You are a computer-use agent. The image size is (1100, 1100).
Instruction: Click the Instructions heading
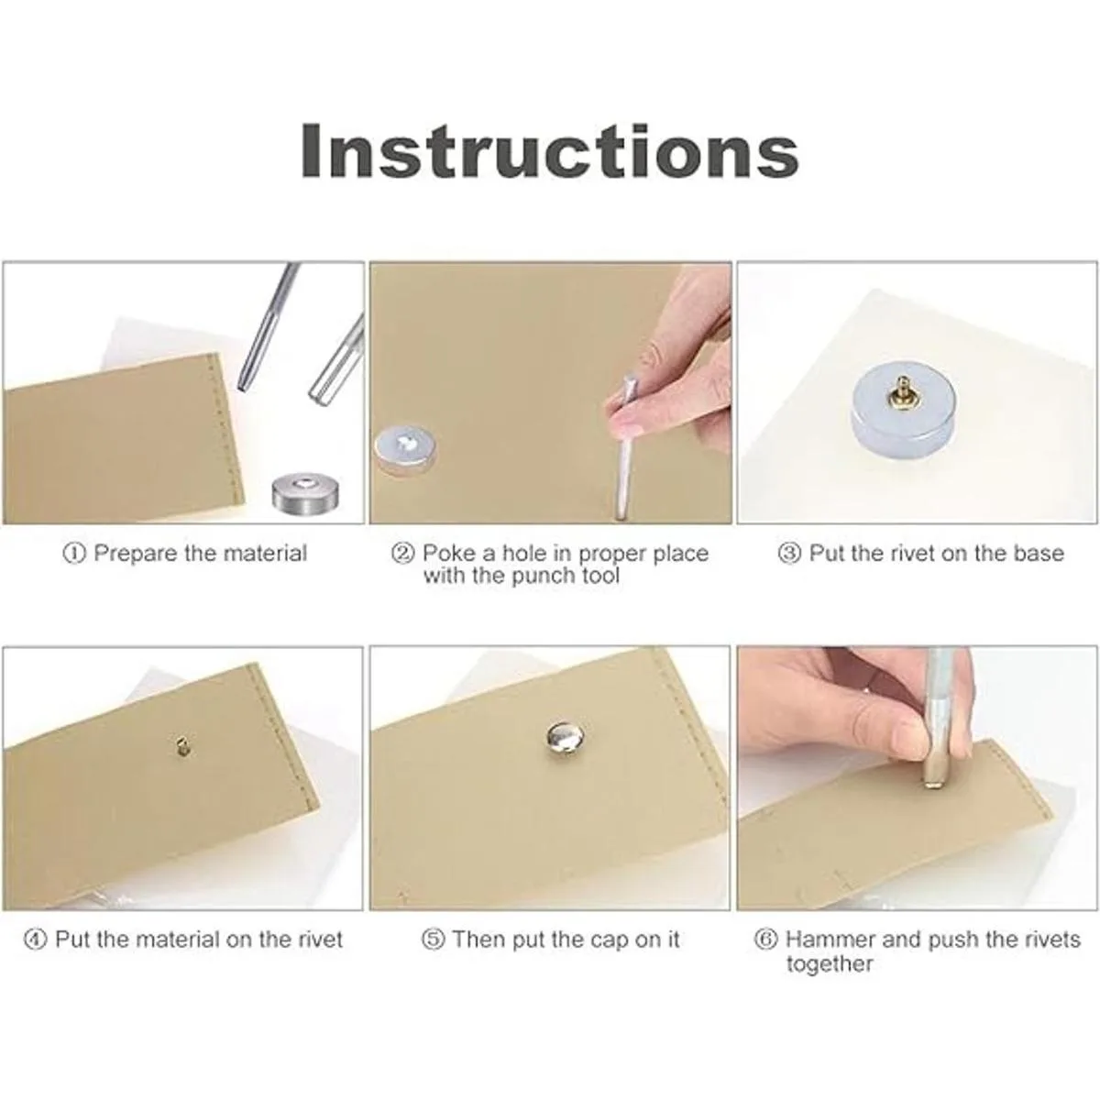tap(550, 151)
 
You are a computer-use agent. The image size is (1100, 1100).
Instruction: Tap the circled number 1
tap(73, 553)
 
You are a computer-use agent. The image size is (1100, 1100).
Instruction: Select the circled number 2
tap(402, 553)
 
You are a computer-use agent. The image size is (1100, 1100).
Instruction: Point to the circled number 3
tap(789, 553)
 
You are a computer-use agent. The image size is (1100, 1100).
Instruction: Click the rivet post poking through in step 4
tap(182, 745)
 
